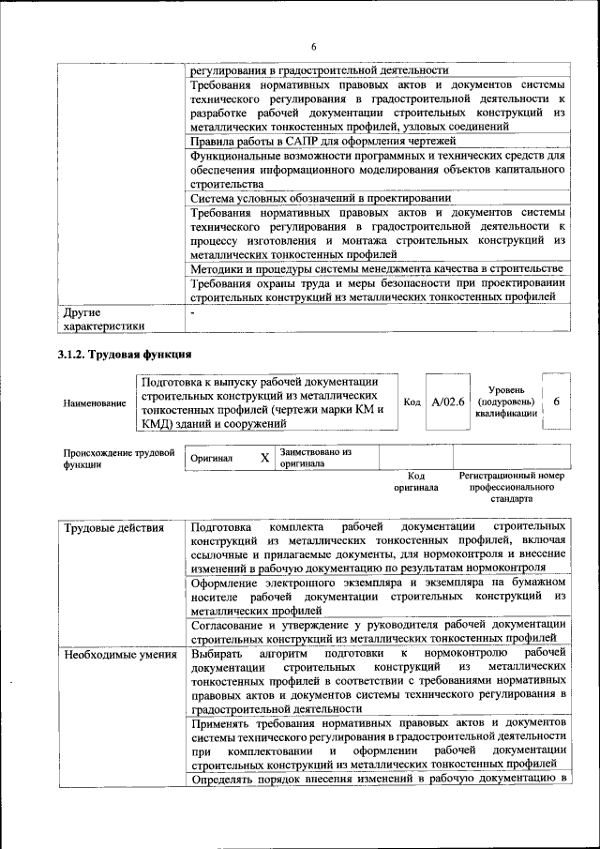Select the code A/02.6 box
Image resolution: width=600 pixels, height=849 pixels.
pos(448,402)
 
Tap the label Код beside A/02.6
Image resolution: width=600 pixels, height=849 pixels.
pos(411,402)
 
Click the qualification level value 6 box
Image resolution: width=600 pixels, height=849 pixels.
pos(556,402)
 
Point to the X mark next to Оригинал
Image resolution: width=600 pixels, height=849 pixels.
pos(264,458)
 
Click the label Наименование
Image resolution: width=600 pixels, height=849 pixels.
pos(95,402)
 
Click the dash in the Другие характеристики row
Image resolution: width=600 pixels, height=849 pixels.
pos(192,311)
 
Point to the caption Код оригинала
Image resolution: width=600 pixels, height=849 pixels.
pos(415,482)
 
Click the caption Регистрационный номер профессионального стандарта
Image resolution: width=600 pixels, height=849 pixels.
pos(512,488)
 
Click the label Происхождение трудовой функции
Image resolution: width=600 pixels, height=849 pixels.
pos(119,458)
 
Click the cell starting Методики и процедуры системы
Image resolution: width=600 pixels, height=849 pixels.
pos(375,270)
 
